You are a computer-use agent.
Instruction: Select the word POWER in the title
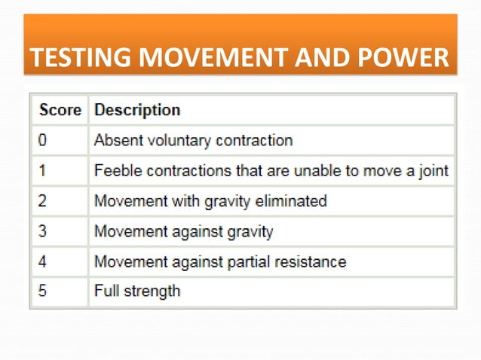coord(401,57)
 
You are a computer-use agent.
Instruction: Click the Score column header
coord(60,110)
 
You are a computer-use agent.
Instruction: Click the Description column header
coord(136,110)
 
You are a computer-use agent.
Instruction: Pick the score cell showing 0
coord(44,140)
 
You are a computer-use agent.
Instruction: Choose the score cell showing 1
coord(44,171)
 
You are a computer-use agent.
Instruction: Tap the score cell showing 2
coord(44,201)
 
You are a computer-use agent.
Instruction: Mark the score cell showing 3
coord(44,231)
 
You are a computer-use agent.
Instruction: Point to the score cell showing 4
coord(44,262)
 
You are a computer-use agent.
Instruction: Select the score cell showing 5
coord(44,291)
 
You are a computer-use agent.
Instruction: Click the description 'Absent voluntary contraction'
coord(193,140)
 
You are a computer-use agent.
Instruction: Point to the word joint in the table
coord(433,171)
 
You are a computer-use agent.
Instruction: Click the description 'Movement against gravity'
coord(183,231)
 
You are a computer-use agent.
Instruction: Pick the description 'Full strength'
coord(137,291)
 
